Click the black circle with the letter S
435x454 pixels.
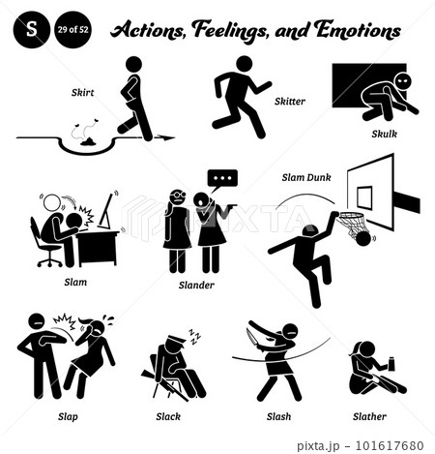pos(32,30)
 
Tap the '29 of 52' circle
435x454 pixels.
pos(72,30)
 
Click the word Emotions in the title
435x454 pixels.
pos(358,30)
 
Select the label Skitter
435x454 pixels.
pos(290,102)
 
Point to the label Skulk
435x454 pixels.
pos(385,134)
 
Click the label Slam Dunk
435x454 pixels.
pos(306,177)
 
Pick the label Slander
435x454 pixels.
pos(196,285)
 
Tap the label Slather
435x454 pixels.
pos(369,416)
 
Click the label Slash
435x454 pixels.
pos(278,416)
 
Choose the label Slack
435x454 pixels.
pos(168,416)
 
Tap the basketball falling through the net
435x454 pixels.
pos(363,239)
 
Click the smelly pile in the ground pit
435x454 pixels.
pos(88,141)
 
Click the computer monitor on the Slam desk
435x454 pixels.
pos(105,211)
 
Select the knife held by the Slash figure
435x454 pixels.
pos(251,337)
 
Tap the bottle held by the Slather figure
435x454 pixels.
pos(391,364)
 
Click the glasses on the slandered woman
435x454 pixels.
pos(179,196)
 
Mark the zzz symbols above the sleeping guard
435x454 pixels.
pos(194,337)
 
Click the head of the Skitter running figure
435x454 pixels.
pos(245,64)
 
